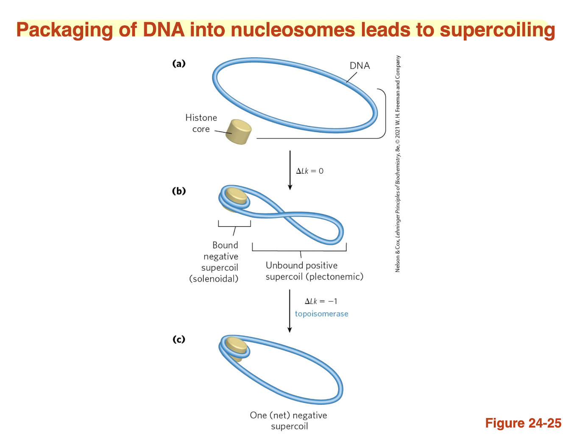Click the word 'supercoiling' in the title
(497, 31)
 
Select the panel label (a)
(178, 64)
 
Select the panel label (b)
(178, 191)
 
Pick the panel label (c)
(178, 339)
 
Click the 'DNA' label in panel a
(360, 66)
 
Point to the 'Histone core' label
(201, 123)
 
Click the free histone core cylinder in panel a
(239, 132)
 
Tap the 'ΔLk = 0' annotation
(309, 171)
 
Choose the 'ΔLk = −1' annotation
(321, 301)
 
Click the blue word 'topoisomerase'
(321, 314)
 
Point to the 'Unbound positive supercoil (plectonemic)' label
(314, 271)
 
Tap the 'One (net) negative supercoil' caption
(289, 421)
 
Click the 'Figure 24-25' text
(523, 423)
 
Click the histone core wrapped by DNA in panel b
(236, 197)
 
